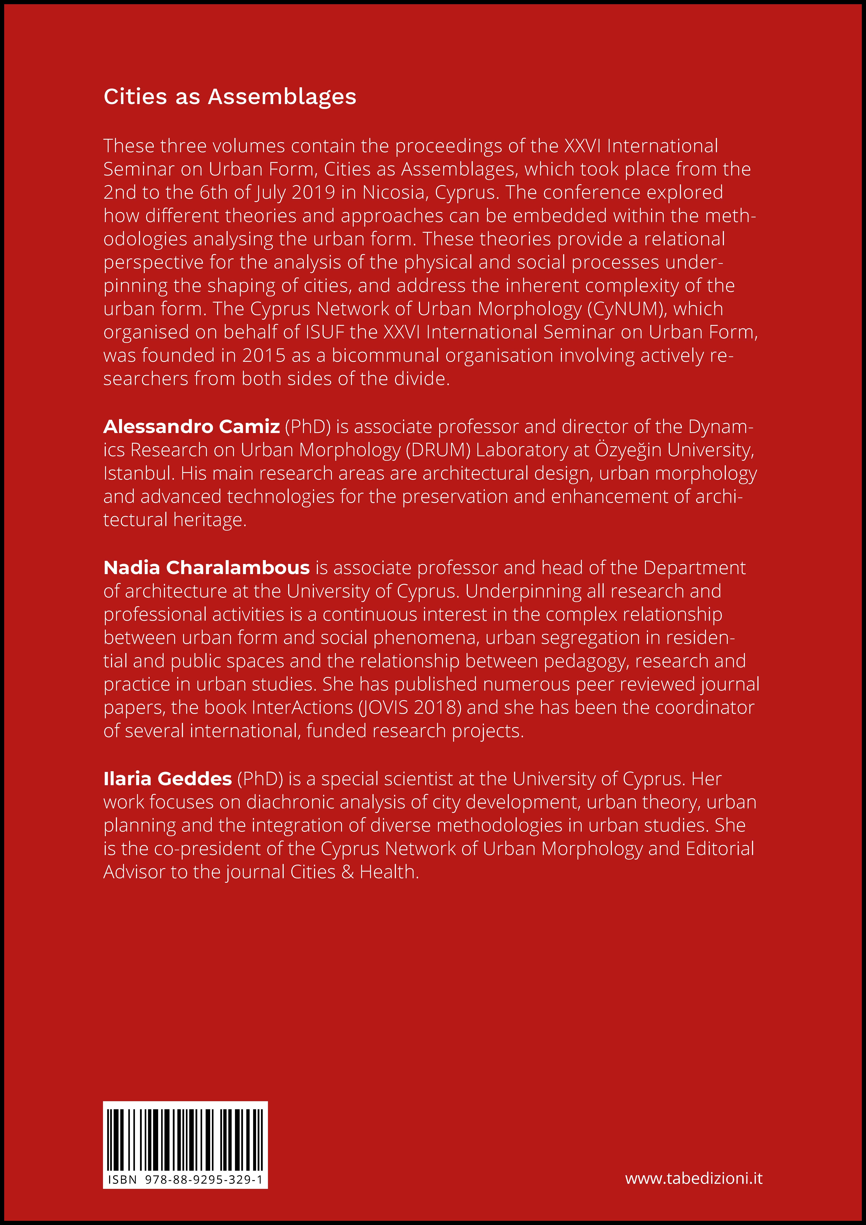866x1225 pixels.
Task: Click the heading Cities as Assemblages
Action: click(229, 97)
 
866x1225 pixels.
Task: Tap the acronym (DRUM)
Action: click(437, 450)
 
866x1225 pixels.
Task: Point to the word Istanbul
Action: click(139, 473)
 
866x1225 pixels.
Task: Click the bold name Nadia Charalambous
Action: click(207, 568)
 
